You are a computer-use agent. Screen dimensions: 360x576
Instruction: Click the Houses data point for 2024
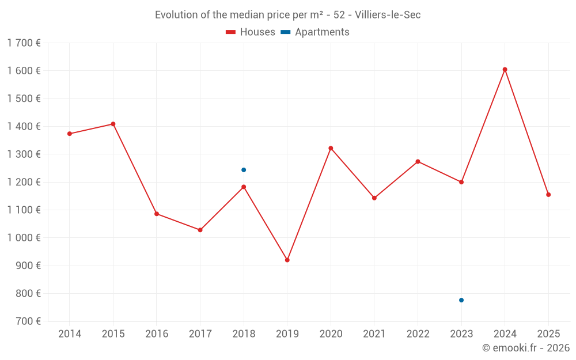coord(505,70)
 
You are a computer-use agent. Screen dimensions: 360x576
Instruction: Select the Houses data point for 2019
coord(287,260)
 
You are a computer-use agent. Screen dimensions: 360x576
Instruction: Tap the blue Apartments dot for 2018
coord(244,170)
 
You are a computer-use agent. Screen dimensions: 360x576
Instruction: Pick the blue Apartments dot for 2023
coord(461,300)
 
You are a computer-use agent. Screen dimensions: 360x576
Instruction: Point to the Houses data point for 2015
coord(113,124)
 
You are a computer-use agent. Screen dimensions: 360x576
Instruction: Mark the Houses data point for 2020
coord(331,148)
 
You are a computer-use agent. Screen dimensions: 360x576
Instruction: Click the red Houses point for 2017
coord(200,230)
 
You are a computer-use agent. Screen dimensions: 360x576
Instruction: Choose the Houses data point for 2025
coord(548,195)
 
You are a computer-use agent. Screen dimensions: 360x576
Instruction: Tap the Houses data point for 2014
coord(70,134)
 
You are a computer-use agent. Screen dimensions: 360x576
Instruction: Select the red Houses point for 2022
coord(418,161)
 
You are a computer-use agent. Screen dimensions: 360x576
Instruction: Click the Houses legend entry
coord(251,32)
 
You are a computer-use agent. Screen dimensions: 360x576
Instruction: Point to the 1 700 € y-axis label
coord(24,43)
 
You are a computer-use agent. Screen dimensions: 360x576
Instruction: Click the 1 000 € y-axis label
coord(24,238)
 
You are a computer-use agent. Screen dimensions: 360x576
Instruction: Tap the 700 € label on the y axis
coord(28,321)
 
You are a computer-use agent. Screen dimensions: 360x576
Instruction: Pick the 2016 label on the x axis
coord(157,334)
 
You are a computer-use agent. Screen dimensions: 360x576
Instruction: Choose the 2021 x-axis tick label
coord(374,334)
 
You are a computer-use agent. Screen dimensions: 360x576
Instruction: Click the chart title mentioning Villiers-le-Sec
coord(288,15)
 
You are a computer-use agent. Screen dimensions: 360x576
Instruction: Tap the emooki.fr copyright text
coord(525,348)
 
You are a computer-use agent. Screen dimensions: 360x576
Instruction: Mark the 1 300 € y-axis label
coord(24,154)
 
